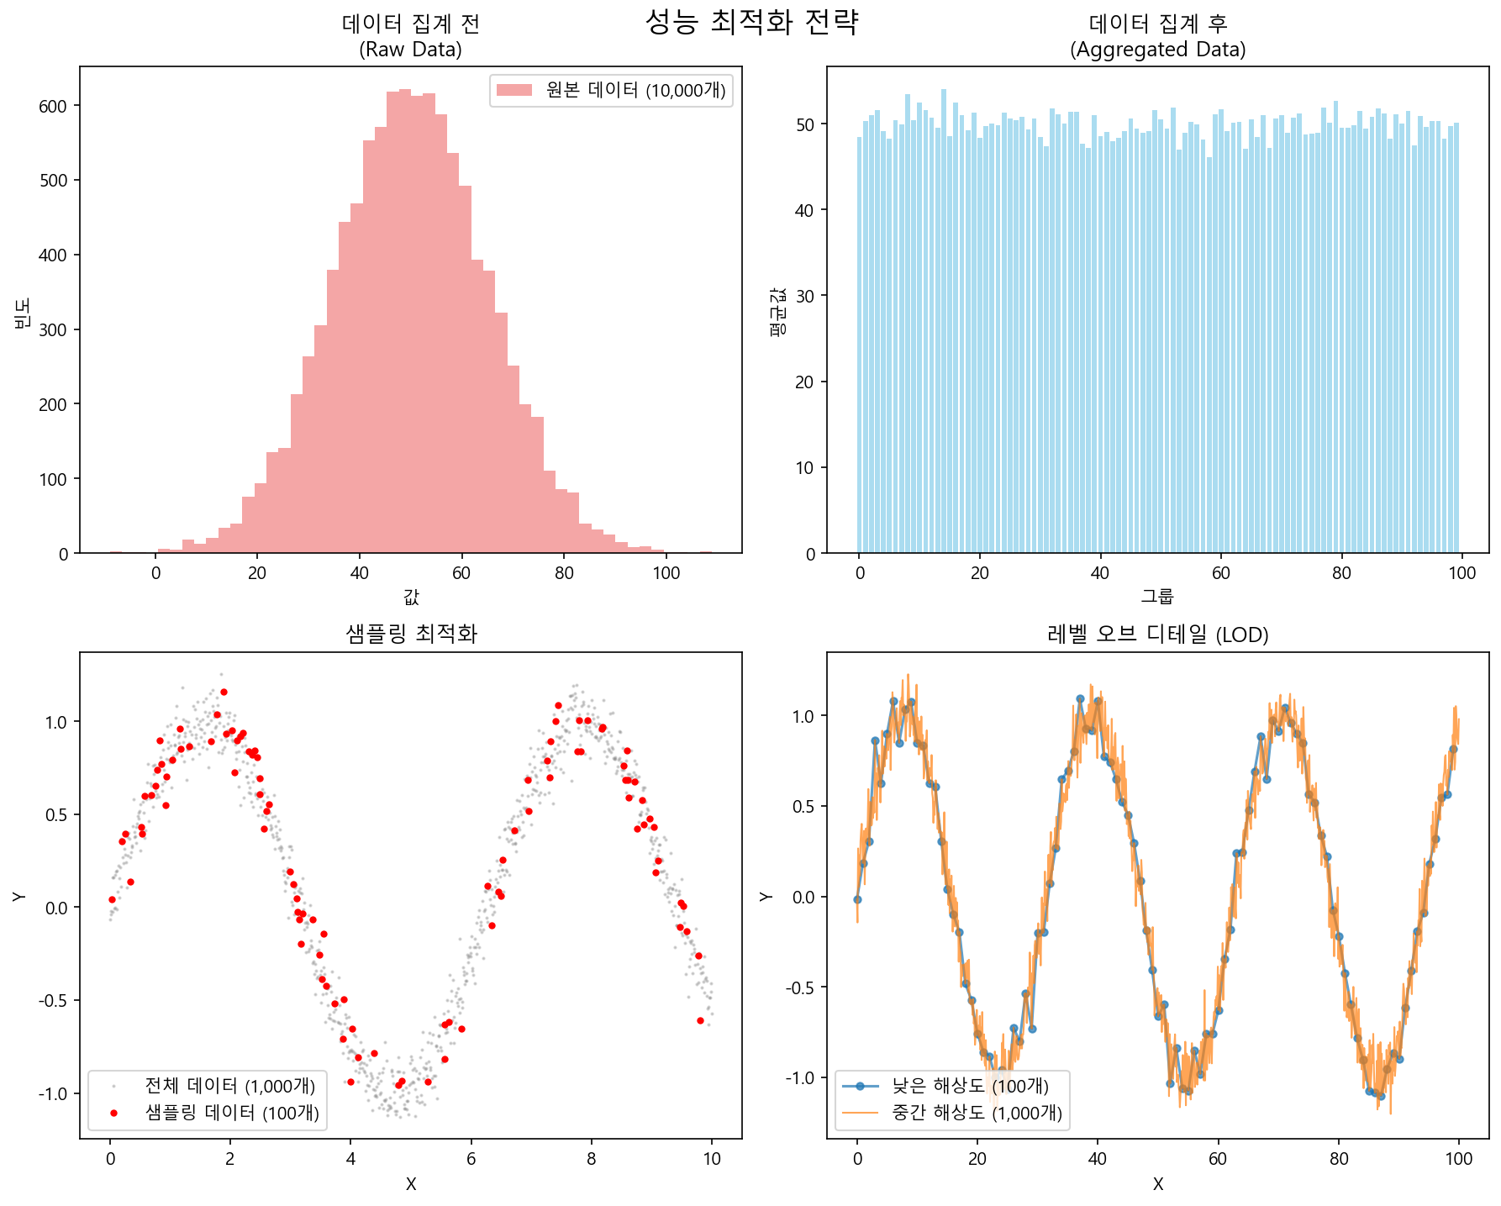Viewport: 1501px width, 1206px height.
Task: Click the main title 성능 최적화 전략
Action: click(x=751, y=22)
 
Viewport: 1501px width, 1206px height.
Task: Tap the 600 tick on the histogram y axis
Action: click(x=53, y=106)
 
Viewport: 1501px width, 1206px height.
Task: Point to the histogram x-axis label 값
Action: click(x=411, y=598)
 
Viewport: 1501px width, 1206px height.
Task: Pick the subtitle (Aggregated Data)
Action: click(x=1157, y=50)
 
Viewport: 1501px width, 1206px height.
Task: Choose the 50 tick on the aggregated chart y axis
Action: click(x=804, y=124)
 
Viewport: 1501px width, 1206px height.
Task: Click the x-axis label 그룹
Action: click(x=1157, y=598)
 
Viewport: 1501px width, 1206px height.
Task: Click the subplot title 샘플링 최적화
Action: click(x=411, y=634)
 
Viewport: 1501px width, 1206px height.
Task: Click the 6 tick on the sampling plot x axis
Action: click(x=471, y=1158)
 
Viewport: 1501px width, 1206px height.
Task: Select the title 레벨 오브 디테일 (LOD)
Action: click(x=1157, y=634)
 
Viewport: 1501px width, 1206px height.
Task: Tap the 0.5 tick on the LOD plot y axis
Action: click(x=804, y=807)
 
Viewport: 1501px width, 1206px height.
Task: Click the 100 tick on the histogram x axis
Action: click(x=666, y=573)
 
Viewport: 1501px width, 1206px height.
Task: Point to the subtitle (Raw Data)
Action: click(x=411, y=50)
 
